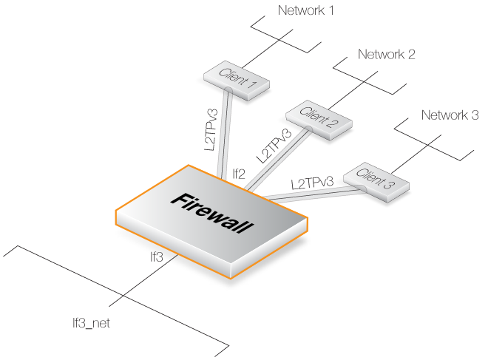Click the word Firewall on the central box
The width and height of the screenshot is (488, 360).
tap(210, 214)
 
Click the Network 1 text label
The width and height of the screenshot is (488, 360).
tap(305, 11)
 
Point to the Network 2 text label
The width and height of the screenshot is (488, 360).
tap(386, 55)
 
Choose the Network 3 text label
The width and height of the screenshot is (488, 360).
tap(450, 115)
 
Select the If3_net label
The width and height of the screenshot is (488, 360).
tap(91, 322)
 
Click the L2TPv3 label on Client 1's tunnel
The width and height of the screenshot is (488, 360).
tap(211, 130)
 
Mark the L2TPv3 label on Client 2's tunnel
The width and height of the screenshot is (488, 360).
tap(274, 146)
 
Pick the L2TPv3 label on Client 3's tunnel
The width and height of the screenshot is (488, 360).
tap(311, 182)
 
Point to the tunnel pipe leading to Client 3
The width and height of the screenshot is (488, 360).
tap(311, 194)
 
